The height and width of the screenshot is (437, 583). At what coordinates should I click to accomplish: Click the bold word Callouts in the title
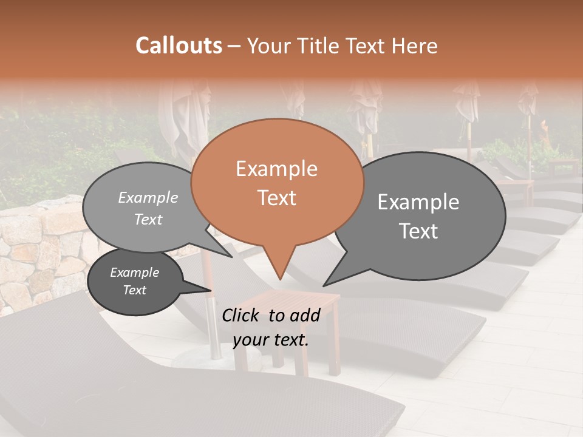179,46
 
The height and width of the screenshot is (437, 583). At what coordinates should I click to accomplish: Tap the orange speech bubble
277,182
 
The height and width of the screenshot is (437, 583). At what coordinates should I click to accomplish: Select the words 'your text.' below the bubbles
271,340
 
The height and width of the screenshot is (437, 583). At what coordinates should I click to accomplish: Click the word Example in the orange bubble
277,169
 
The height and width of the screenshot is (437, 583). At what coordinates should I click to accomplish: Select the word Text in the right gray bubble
419,231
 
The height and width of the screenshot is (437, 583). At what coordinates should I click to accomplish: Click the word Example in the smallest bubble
135,273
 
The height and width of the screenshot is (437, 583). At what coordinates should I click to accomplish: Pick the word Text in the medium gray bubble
148,220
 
